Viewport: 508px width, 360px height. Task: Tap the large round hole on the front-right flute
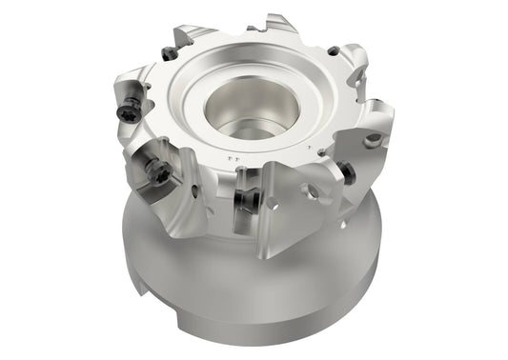coord(311,191)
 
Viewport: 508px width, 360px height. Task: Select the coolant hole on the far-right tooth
coord(373,139)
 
